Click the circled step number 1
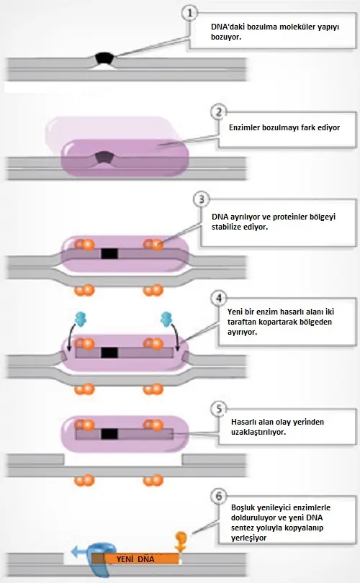pos(189,14)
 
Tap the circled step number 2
pos(219,112)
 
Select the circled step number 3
pos(201,199)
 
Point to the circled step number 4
pos(219,298)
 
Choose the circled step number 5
pos(219,409)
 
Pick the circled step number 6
pos(219,496)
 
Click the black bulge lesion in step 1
pos(104,58)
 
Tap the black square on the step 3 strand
pos(109,254)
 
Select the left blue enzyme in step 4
pos(81,319)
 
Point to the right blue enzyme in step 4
pos(166,319)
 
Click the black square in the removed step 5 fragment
pos(109,434)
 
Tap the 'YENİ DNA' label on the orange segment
pos(135,559)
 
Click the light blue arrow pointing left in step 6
pos(79,551)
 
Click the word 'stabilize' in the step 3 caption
pos(227,227)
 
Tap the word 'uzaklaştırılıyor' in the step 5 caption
pos(258,432)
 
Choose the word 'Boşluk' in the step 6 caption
pos(243,507)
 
